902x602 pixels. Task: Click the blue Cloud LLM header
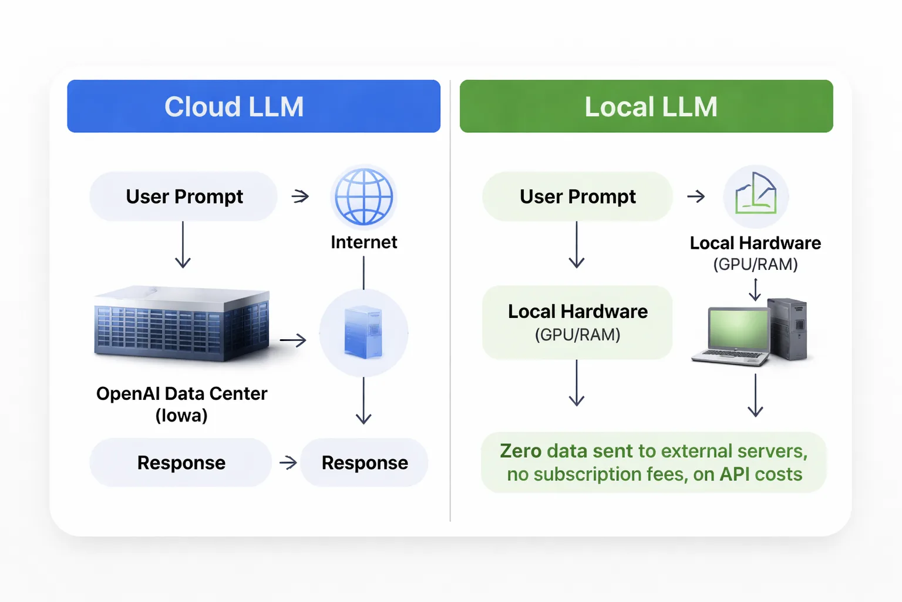click(x=254, y=106)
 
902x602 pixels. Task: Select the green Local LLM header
click(x=646, y=106)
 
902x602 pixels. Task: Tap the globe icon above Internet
click(x=364, y=197)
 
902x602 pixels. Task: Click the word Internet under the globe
click(x=364, y=242)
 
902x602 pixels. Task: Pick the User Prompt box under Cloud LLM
click(x=183, y=196)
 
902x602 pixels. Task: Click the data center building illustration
click(x=182, y=323)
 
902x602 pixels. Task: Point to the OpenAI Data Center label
click(x=181, y=393)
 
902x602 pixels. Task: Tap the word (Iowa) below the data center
click(x=181, y=416)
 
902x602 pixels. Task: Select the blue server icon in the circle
click(x=364, y=333)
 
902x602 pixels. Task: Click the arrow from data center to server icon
click(x=293, y=340)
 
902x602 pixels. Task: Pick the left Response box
click(x=181, y=463)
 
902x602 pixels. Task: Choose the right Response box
click(x=364, y=463)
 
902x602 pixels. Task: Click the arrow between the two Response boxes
click(x=288, y=463)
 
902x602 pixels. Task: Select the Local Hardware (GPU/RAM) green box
click(x=577, y=322)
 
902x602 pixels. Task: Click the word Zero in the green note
click(x=520, y=451)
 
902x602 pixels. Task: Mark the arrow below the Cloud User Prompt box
click(x=183, y=245)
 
